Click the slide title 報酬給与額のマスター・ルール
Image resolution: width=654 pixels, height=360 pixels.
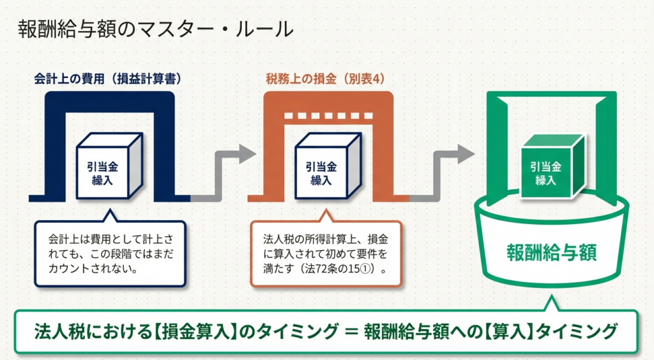click(x=156, y=30)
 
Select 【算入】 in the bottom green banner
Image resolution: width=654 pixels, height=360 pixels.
click(x=508, y=332)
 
